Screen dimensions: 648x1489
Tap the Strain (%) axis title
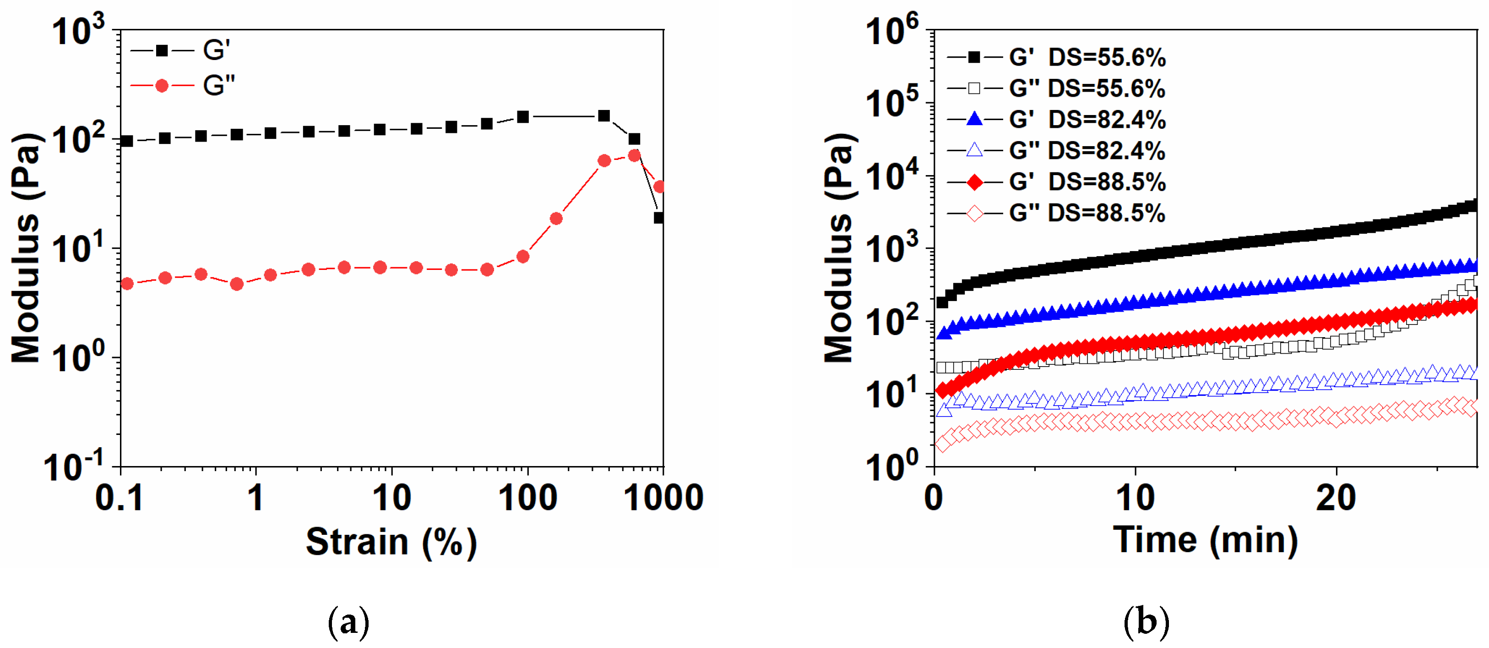tap(391, 542)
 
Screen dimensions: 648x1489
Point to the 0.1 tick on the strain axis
tap(119, 498)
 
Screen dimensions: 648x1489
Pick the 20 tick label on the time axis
tap(1335, 498)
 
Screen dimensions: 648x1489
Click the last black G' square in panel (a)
tap(658, 218)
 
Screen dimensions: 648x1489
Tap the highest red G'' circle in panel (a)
tap(634, 156)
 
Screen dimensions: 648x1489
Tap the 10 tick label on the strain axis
tap(391, 498)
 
